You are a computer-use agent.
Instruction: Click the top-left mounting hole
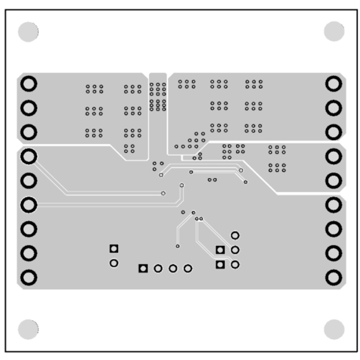(x=28, y=32)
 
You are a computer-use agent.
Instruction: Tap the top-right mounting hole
(x=334, y=31)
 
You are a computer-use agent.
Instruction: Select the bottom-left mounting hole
(x=28, y=328)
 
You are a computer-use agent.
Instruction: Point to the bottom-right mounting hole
(x=334, y=329)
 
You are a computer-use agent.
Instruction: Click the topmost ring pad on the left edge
(x=29, y=83)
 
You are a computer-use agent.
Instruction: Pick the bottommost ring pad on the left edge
(x=29, y=276)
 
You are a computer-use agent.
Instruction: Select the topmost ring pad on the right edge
(x=333, y=83)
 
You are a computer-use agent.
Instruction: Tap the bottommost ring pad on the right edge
(x=333, y=276)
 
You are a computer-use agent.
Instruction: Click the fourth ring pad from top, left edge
(x=29, y=156)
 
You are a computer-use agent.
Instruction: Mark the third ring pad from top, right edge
(x=333, y=132)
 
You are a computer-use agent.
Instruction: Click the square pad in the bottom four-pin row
(x=143, y=268)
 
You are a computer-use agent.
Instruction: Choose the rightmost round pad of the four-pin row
(x=188, y=268)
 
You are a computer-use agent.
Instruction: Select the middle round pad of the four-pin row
(x=173, y=268)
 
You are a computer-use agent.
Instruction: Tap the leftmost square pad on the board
(x=114, y=248)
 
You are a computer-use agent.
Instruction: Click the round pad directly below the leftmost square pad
(x=114, y=263)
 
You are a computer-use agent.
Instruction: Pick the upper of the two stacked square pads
(x=219, y=250)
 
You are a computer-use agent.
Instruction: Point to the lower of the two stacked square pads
(x=219, y=264)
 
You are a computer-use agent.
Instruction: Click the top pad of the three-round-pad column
(x=234, y=235)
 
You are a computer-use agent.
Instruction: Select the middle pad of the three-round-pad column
(x=234, y=249)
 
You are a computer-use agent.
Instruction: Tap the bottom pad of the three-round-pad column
(x=234, y=264)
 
